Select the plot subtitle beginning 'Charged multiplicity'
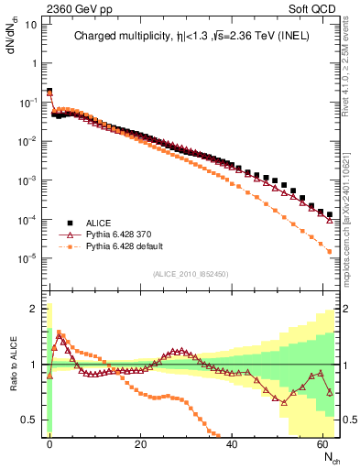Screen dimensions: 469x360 [x=191, y=37]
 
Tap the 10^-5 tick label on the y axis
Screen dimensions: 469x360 [x=27, y=257]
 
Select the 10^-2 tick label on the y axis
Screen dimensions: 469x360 [x=27, y=141]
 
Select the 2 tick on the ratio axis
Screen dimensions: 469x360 [x=35, y=309]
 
